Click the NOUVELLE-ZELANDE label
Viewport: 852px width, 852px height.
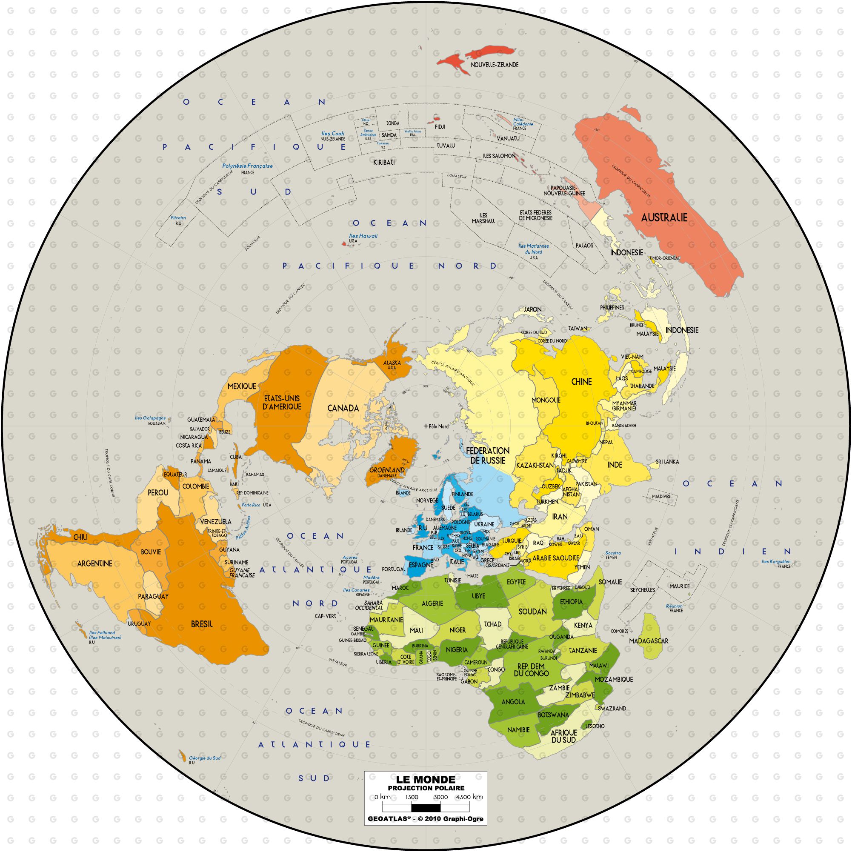click(x=495, y=64)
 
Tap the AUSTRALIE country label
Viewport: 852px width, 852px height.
click(x=664, y=217)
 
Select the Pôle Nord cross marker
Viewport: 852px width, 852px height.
click(x=426, y=426)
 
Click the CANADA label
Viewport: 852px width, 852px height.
click(x=343, y=408)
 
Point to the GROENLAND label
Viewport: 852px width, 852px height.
click(x=387, y=470)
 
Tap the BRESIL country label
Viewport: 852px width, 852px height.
click(x=202, y=624)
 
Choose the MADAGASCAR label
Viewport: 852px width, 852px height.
click(x=649, y=641)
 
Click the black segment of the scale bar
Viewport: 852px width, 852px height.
click(x=426, y=808)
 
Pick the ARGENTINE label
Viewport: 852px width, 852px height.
click(x=94, y=563)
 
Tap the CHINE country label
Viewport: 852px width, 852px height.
click(x=581, y=381)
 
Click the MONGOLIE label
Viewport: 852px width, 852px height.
click(x=546, y=400)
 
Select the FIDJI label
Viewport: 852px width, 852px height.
click(x=440, y=126)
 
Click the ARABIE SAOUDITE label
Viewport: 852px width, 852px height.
click(x=555, y=558)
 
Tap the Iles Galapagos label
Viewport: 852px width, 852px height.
click(x=150, y=418)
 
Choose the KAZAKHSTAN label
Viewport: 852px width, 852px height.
click(x=535, y=465)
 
